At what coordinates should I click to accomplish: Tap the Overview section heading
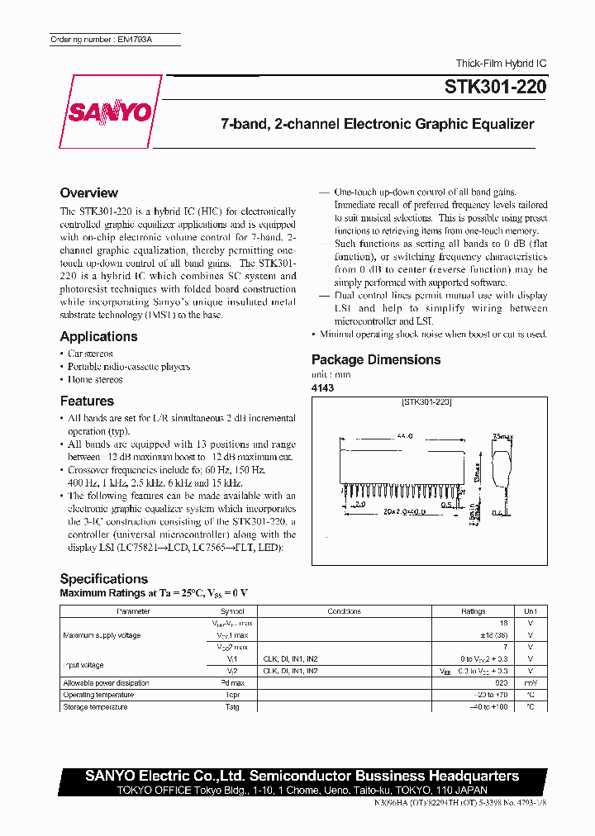[x=89, y=192]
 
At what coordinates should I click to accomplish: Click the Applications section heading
[x=98, y=336]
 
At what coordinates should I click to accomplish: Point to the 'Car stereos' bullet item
[x=90, y=354]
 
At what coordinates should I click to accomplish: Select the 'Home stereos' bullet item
[x=95, y=380]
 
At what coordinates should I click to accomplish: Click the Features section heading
[x=87, y=401]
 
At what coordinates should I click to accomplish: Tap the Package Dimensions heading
[x=376, y=359]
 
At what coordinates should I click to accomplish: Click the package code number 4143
[x=322, y=387]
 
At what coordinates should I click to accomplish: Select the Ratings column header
[x=473, y=611]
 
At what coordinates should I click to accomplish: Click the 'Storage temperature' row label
[x=95, y=707]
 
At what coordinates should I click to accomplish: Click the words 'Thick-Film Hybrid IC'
[x=501, y=64]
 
